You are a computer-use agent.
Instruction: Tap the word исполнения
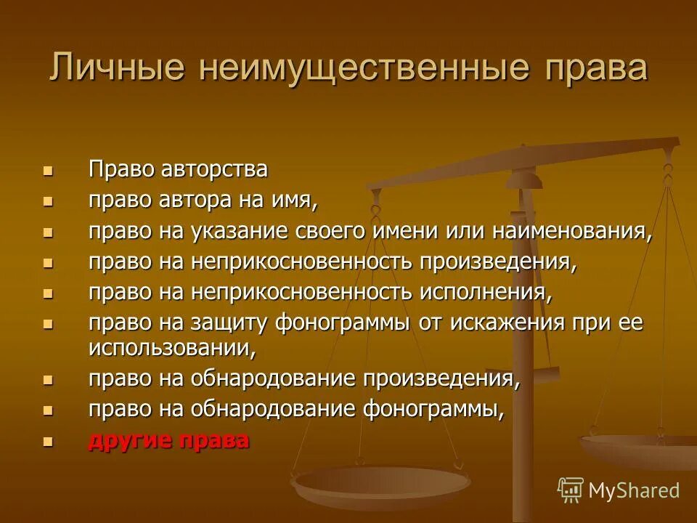click(x=485, y=292)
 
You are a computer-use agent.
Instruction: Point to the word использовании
click(x=171, y=347)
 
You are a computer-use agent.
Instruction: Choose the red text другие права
click(x=168, y=440)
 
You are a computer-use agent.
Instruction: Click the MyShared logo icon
click(x=570, y=490)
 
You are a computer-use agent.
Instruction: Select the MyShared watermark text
click(x=633, y=490)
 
